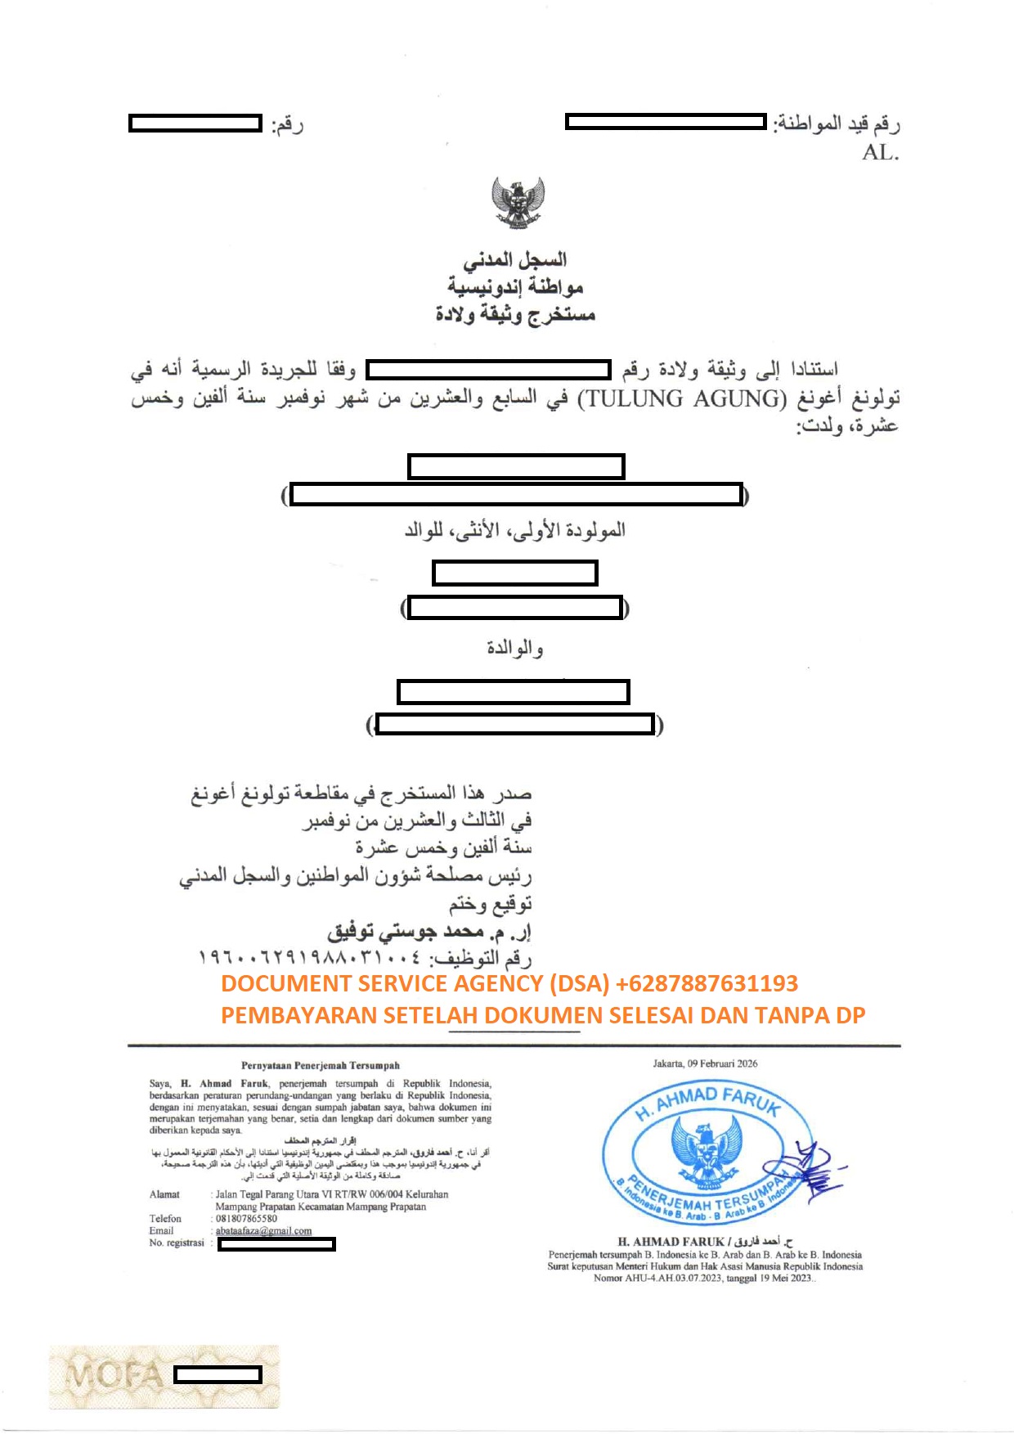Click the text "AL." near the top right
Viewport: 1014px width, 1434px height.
coord(880,153)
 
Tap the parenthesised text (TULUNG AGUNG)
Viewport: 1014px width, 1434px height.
coord(682,399)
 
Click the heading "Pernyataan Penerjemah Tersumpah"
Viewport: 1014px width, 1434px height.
coord(321,1065)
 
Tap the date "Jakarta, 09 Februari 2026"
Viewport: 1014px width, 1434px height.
coord(705,1063)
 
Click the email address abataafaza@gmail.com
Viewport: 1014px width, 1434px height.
coord(263,1231)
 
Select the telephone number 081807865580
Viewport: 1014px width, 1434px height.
coord(246,1219)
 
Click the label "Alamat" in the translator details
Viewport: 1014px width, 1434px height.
coord(164,1194)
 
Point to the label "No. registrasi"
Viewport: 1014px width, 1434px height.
coord(177,1243)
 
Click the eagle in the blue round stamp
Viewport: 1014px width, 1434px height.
coord(706,1148)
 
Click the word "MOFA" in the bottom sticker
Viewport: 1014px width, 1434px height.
coord(114,1375)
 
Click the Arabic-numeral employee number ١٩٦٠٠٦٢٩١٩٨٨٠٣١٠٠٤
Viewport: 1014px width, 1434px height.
coord(311,956)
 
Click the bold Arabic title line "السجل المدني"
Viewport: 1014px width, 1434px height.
coord(515,260)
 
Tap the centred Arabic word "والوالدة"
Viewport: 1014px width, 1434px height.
coord(515,648)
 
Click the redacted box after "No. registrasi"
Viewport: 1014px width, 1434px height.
coord(276,1244)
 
